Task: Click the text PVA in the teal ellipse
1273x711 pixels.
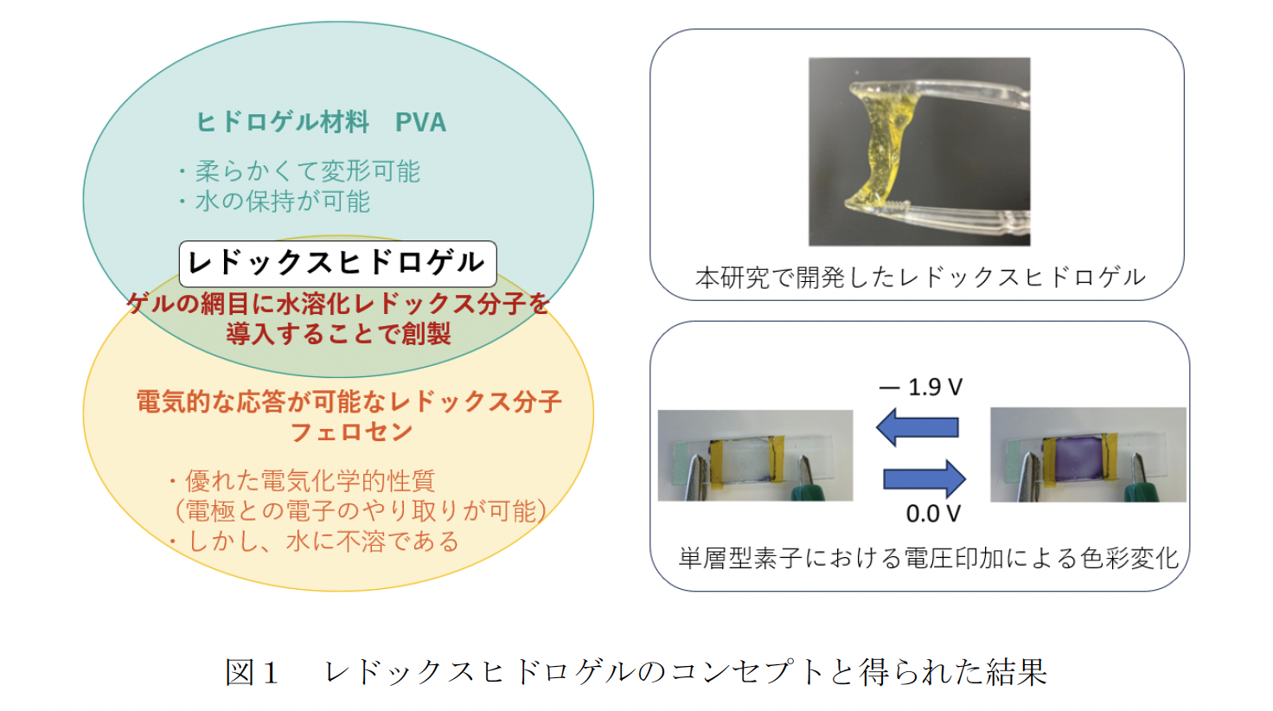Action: click(x=420, y=123)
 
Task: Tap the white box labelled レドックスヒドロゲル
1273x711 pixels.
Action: click(x=337, y=264)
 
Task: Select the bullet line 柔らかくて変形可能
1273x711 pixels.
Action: click(x=300, y=171)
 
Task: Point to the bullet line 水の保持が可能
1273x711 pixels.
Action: click(x=275, y=202)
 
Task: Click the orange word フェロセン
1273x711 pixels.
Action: click(x=351, y=432)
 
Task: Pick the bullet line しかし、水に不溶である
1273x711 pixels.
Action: click(x=315, y=541)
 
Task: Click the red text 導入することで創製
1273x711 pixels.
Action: click(x=339, y=334)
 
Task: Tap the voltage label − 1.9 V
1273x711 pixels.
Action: click(x=921, y=388)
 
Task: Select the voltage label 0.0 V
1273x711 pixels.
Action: click(x=933, y=514)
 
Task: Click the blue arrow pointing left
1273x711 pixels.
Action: click(x=918, y=426)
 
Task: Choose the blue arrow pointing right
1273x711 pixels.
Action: click(x=924, y=479)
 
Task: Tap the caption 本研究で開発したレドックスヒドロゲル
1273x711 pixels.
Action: click(x=921, y=278)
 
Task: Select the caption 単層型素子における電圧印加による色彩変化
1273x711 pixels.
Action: click(x=929, y=558)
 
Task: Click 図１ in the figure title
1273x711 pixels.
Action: click(x=252, y=672)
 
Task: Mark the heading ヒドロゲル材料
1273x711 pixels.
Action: click(x=283, y=123)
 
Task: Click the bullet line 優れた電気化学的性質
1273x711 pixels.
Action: click(x=303, y=482)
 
